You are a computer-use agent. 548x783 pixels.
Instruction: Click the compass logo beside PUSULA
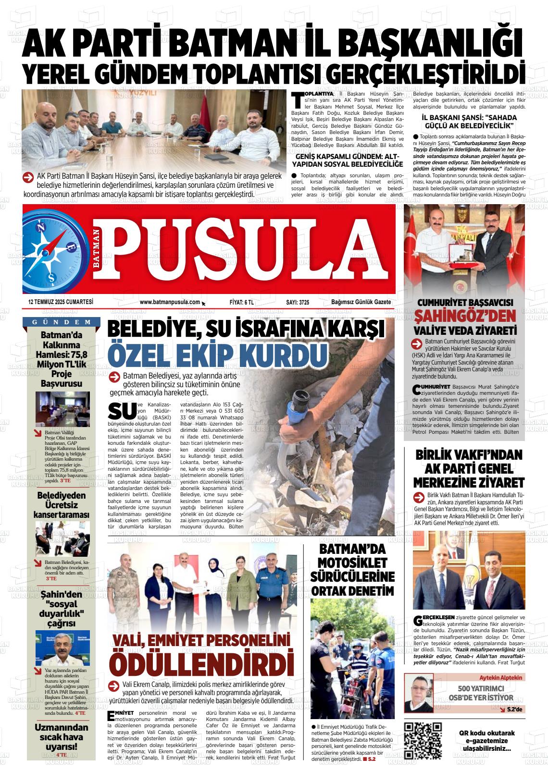tap(52, 250)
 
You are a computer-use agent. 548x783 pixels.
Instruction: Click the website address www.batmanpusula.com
tap(170, 302)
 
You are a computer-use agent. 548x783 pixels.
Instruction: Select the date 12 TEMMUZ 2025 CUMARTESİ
tap(61, 302)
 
